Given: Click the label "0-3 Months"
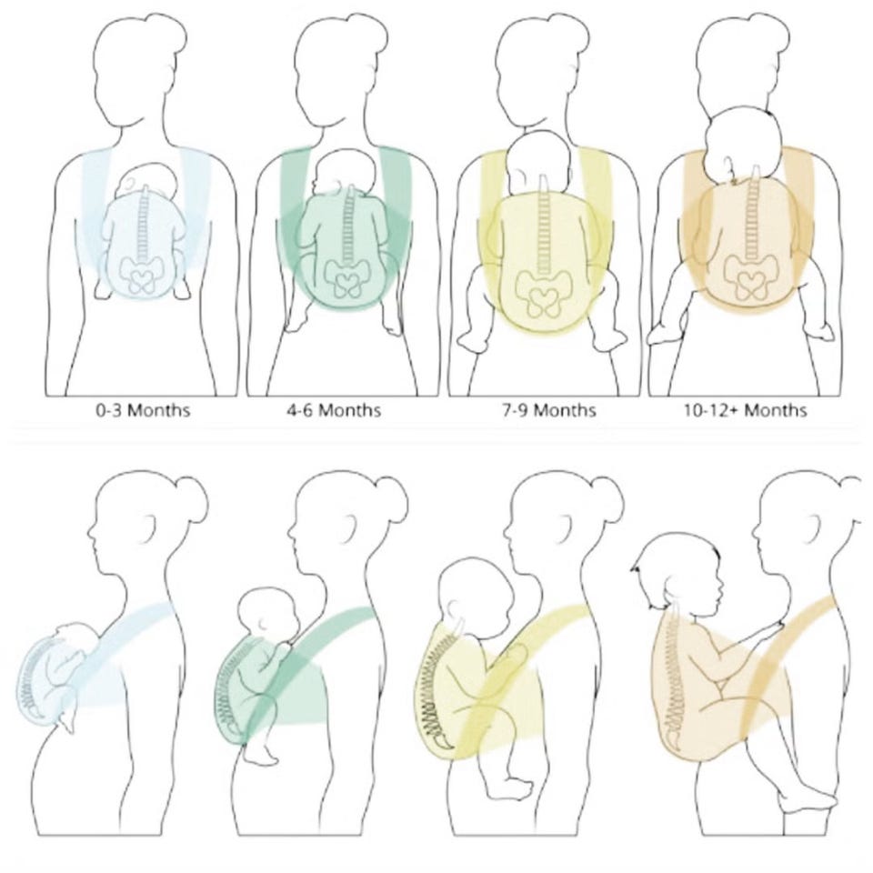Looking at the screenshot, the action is [x=143, y=411].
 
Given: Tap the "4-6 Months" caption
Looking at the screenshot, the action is [x=334, y=411].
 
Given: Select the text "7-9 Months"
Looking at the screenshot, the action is [x=549, y=411].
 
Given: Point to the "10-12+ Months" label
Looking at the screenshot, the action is [x=746, y=411].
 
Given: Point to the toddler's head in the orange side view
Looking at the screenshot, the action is [x=677, y=572].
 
